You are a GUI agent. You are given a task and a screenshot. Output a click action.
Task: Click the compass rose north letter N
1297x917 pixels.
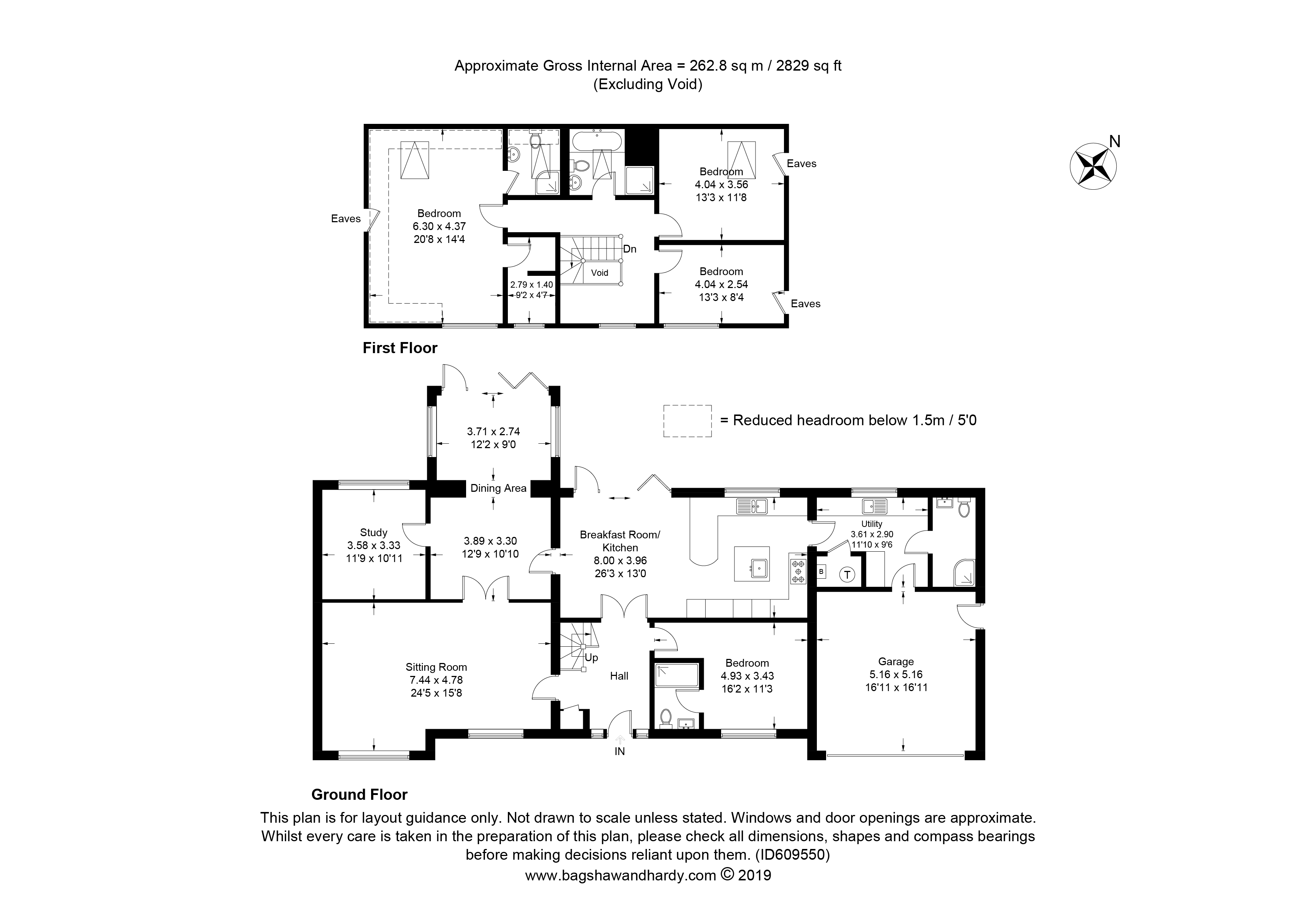pyautogui.click(x=1114, y=141)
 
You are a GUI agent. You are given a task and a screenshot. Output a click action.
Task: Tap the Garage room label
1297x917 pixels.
pyautogui.click(x=896, y=661)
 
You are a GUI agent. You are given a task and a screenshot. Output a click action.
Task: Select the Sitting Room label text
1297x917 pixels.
pyautogui.click(x=436, y=667)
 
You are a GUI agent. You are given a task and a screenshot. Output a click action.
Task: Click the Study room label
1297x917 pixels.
pyautogui.click(x=373, y=532)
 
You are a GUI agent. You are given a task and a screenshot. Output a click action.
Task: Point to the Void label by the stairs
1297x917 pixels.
pyautogui.click(x=600, y=273)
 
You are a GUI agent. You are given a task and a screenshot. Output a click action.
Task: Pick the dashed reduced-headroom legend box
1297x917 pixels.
pyautogui.click(x=687, y=421)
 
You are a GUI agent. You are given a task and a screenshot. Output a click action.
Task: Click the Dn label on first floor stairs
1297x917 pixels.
pyautogui.click(x=630, y=249)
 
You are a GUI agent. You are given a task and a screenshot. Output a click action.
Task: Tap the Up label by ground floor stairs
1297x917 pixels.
pyautogui.click(x=591, y=658)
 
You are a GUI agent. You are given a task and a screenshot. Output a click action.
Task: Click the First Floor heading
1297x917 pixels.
pyautogui.click(x=400, y=348)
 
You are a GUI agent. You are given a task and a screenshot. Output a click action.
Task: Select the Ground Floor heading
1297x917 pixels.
pyautogui.click(x=359, y=795)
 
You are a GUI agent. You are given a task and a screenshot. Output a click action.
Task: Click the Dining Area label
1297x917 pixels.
pyautogui.click(x=498, y=488)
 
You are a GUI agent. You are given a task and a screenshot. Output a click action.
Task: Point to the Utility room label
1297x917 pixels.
pyautogui.click(x=872, y=524)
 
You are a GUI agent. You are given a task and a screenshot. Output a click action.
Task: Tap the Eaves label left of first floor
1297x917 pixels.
pyautogui.click(x=346, y=219)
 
